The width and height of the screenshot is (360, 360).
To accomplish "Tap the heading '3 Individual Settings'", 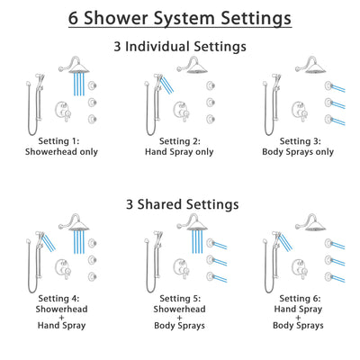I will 179,46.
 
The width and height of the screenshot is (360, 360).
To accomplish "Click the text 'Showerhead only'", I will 63,154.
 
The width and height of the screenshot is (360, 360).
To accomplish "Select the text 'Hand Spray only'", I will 180,154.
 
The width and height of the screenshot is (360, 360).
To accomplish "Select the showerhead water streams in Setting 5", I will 197,243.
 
